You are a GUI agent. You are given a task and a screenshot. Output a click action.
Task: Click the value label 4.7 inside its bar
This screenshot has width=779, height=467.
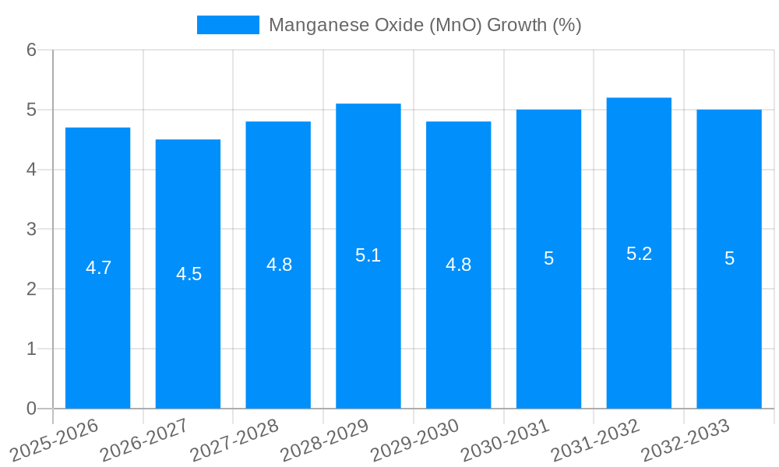(98, 268)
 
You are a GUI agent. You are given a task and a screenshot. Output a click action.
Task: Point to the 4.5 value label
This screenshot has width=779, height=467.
(189, 274)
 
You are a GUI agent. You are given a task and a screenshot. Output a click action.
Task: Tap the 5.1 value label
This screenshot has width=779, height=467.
(368, 255)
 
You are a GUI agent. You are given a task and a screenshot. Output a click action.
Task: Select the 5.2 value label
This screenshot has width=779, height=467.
(639, 254)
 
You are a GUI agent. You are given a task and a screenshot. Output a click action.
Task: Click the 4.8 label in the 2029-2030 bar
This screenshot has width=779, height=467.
(458, 265)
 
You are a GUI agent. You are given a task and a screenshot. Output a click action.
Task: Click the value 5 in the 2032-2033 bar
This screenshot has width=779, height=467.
(729, 258)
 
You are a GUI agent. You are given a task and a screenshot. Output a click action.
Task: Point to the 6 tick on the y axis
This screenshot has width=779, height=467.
(31, 50)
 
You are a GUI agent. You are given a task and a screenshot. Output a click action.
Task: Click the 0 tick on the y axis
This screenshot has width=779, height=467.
(31, 409)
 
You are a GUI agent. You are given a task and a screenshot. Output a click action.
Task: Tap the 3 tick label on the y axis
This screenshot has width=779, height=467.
(31, 230)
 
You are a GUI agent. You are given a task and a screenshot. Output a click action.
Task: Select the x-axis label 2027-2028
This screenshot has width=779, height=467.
(234, 441)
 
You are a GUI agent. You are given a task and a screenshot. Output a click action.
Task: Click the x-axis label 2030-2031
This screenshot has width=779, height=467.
(505, 441)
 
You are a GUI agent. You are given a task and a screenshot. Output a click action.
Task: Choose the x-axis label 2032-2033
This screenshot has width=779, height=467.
(685, 441)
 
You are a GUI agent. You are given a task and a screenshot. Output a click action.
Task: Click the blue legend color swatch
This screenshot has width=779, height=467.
(227, 25)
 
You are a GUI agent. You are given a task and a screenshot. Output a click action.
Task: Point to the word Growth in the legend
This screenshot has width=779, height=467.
(517, 25)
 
